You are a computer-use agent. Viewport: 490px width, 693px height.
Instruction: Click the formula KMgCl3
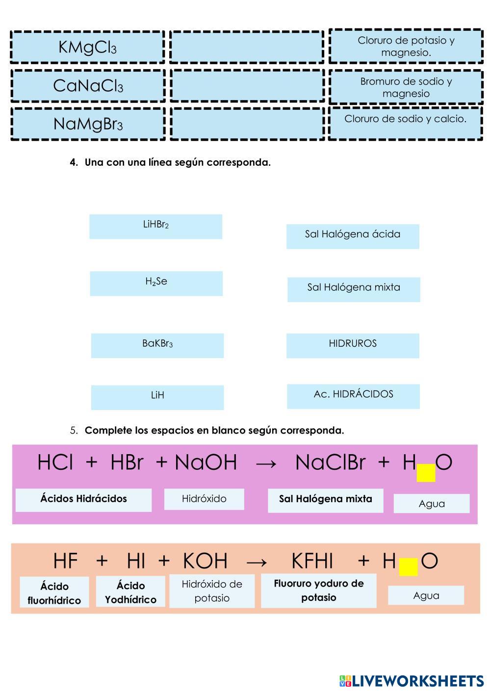(87, 48)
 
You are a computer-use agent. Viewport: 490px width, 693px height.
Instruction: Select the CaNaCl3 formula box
(88, 86)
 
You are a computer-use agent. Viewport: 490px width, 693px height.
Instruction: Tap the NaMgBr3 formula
(88, 125)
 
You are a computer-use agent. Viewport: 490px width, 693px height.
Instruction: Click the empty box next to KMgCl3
(247, 48)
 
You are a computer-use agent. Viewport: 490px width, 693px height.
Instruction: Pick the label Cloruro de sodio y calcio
(405, 119)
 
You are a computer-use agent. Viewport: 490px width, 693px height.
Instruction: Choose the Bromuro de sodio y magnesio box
(406, 87)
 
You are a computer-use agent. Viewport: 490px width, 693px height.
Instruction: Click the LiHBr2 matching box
(155, 227)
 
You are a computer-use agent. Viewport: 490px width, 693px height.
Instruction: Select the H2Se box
(156, 283)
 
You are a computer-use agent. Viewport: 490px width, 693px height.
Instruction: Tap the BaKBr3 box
(157, 346)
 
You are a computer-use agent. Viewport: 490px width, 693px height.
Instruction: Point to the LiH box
(157, 398)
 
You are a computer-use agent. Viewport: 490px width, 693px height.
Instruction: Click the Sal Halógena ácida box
(353, 237)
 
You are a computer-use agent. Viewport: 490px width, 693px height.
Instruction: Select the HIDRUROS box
(353, 346)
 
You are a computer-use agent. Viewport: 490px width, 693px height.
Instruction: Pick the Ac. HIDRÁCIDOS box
(353, 397)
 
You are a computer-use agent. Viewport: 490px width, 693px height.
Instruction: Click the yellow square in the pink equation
(426, 473)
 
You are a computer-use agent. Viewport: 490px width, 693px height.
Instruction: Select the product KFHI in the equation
(312, 561)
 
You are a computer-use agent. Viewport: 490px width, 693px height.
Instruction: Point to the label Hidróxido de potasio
(212, 591)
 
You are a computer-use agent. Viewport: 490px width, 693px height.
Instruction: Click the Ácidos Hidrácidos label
(83, 499)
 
